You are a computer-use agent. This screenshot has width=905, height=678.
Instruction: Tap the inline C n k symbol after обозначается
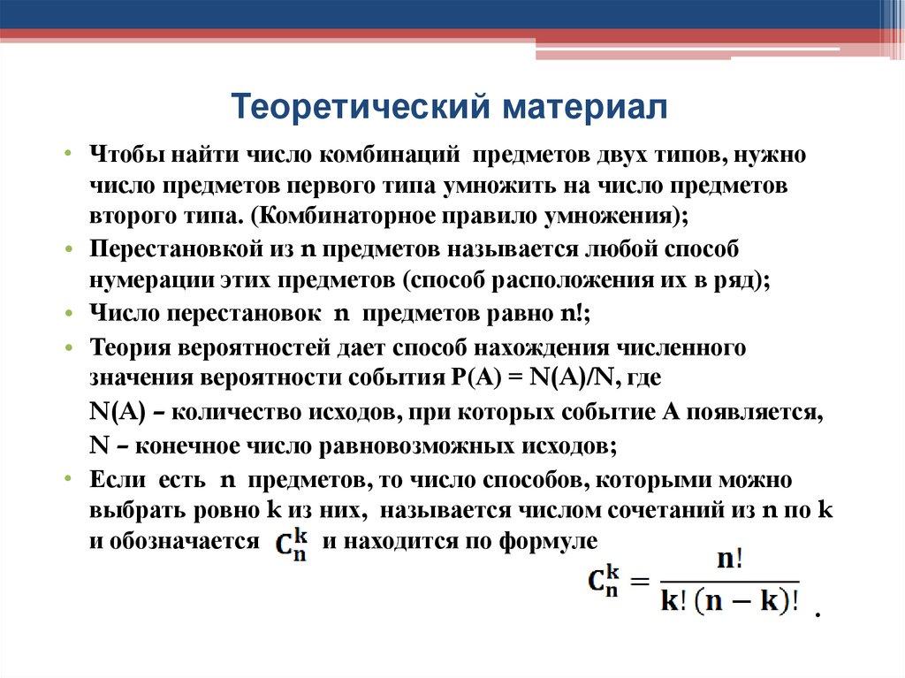coord(290,544)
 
